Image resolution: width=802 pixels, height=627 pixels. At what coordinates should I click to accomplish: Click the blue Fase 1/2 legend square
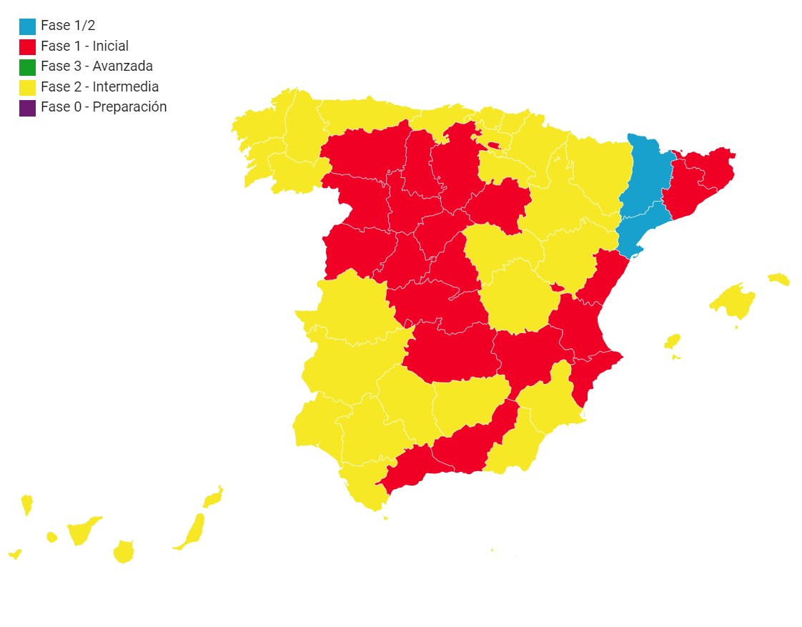point(27,26)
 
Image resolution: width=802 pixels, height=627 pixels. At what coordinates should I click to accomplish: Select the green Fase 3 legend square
point(27,67)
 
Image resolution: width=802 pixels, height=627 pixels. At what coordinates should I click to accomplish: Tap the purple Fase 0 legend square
point(27,108)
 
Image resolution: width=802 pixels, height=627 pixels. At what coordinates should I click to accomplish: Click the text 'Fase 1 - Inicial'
point(84,46)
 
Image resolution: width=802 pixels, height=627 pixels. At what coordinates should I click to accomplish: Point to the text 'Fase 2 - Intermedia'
point(99,87)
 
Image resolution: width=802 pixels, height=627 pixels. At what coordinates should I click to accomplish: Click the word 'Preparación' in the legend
point(130,107)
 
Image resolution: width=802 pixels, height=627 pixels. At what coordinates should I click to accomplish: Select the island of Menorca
point(778,279)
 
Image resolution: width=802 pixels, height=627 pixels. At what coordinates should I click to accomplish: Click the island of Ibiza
point(672,342)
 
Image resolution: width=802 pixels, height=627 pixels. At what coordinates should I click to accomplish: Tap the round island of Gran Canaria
point(124,552)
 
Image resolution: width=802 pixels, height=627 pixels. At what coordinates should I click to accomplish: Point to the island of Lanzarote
point(213,497)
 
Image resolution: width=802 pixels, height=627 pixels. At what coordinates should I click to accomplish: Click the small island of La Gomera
point(51,537)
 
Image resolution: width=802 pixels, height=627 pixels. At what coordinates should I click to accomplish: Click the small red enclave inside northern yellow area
point(492,146)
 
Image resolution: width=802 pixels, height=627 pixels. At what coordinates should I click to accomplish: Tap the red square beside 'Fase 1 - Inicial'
point(27,47)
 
